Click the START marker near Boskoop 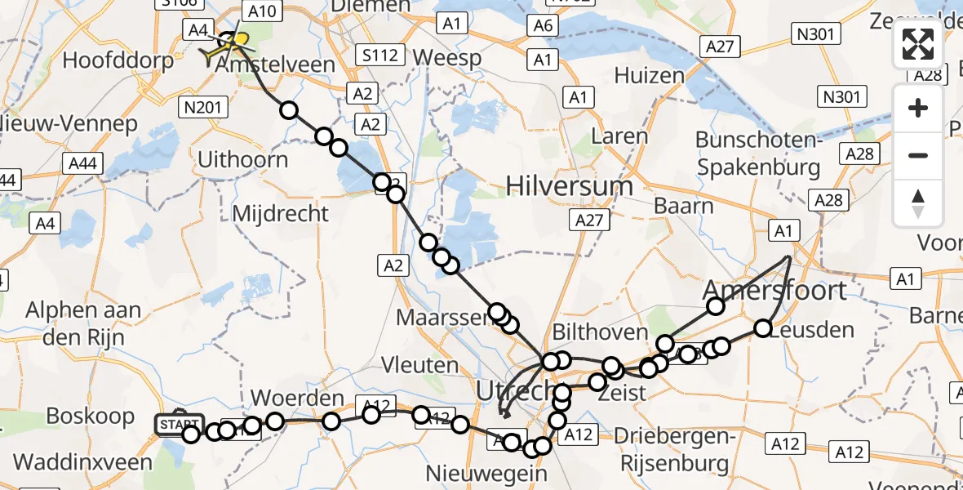coord(179,424)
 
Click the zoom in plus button coord(918,109)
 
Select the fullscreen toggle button coord(918,45)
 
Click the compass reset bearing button coord(918,203)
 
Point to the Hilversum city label coord(569,186)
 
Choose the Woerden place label coord(297,399)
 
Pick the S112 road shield coord(380,56)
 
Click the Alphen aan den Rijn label coord(83,323)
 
